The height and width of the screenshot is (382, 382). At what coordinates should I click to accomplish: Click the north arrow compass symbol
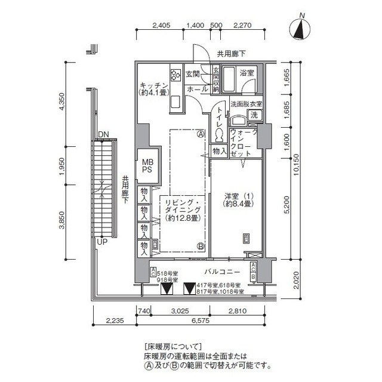303,29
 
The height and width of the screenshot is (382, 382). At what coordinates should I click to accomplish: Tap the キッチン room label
153,88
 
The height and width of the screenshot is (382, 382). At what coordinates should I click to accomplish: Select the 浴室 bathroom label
247,73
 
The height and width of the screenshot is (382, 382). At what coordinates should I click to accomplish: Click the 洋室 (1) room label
238,199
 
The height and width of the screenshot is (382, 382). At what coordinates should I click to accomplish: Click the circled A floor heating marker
201,134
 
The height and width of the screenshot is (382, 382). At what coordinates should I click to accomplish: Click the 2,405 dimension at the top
162,25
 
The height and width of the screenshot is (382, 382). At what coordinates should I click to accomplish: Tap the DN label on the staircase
103,134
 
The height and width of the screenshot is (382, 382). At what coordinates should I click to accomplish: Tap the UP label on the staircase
102,242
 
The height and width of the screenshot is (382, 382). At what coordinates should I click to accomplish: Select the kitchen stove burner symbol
176,75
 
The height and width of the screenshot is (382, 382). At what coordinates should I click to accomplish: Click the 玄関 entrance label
192,74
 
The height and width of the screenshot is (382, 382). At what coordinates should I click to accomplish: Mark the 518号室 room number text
168,273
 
